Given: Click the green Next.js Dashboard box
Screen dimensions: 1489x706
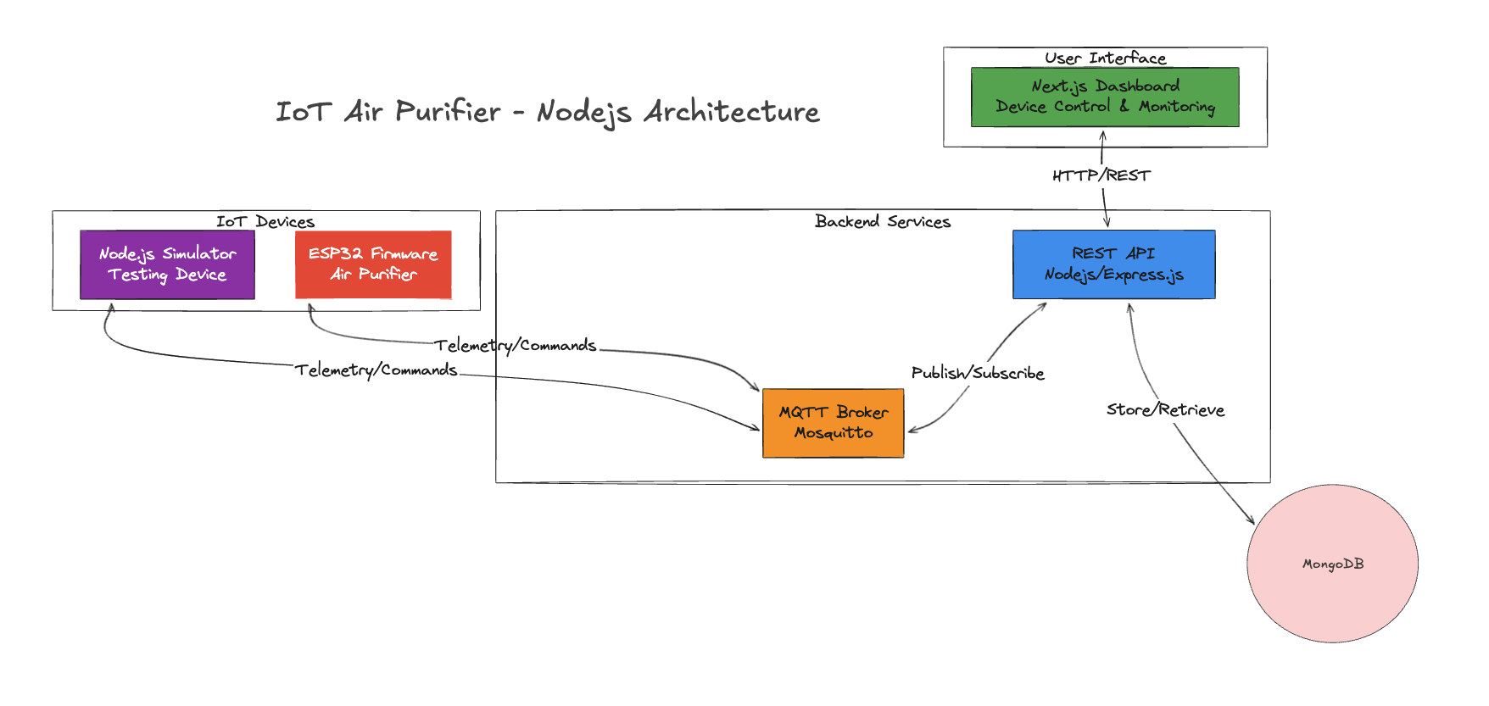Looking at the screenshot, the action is tap(1105, 97).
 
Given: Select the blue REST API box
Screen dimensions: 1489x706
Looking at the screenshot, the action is tap(1114, 264).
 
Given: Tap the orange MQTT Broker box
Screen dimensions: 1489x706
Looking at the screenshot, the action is tap(834, 423).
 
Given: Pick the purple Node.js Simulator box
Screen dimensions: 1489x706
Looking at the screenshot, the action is tap(167, 264).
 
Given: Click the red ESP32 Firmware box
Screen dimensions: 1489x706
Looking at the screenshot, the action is tap(373, 264).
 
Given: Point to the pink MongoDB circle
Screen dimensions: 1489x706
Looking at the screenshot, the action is tap(1332, 564).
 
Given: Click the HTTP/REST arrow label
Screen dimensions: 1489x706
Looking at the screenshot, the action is tap(1101, 175).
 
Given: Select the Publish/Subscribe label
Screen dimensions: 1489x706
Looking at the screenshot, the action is tap(978, 373).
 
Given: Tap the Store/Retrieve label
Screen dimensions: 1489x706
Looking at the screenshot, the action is tap(1165, 410).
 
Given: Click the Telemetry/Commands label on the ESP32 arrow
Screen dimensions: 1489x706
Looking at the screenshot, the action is tap(516, 346).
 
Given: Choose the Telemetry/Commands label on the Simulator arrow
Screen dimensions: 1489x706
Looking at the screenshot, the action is tap(376, 370).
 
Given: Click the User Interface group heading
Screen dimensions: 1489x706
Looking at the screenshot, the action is tap(1105, 58).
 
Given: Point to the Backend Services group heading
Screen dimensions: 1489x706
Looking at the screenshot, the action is tap(883, 221).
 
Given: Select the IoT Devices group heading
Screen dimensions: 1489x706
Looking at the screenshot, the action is tap(265, 221).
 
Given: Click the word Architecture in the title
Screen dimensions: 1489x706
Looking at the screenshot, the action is tap(732, 112).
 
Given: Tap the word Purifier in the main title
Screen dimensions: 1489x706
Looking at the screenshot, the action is tap(448, 112).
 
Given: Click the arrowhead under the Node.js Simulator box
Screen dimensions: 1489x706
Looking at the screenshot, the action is tap(110, 309).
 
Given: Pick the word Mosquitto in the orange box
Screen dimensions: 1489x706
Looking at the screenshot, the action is tap(834, 433).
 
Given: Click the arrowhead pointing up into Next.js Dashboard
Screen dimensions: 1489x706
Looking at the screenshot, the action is tap(1103, 135).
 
